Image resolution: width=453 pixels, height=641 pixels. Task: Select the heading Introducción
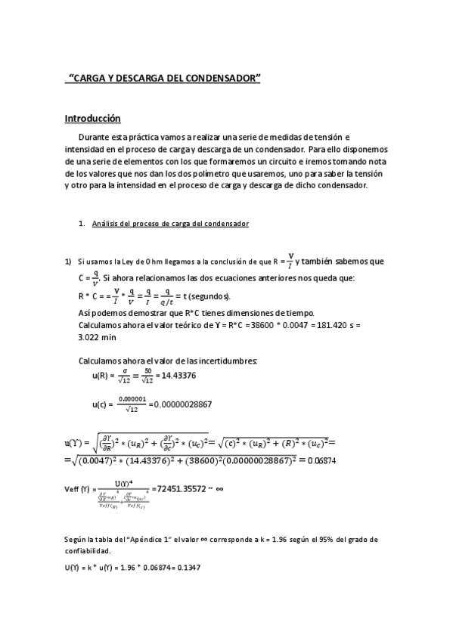click(92, 119)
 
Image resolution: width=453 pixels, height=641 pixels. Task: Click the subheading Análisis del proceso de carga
click(170, 224)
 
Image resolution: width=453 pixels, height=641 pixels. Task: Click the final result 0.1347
click(188, 567)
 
